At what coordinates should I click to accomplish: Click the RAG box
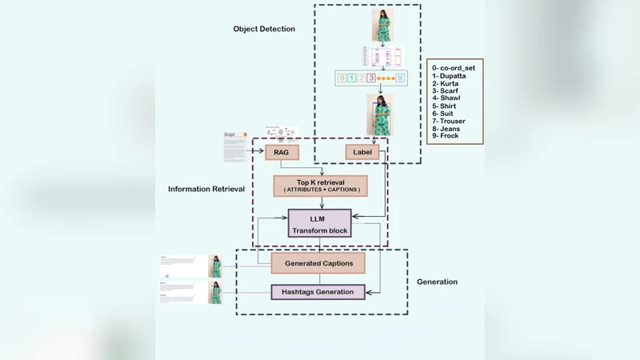(x=281, y=152)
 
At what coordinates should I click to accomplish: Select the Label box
(x=362, y=152)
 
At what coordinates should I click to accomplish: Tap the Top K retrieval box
(x=320, y=186)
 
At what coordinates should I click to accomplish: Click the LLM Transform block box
(x=319, y=222)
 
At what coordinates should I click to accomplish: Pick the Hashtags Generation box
(x=318, y=292)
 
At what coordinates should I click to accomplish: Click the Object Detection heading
(x=264, y=29)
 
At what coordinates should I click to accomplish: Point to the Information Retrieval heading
(x=206, y=190)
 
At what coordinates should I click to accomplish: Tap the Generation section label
(x=437, y=282)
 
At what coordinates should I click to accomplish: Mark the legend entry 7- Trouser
(x=450, y=122)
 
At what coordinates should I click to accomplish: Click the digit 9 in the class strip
(x=400, y=78)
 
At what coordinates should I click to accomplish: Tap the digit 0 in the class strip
(x=342, y=78)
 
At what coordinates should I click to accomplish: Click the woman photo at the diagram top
(x=382, y=25)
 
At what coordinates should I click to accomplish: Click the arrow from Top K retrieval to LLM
(x=320, y=202)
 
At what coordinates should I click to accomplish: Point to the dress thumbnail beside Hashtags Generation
(x=215, y=292)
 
